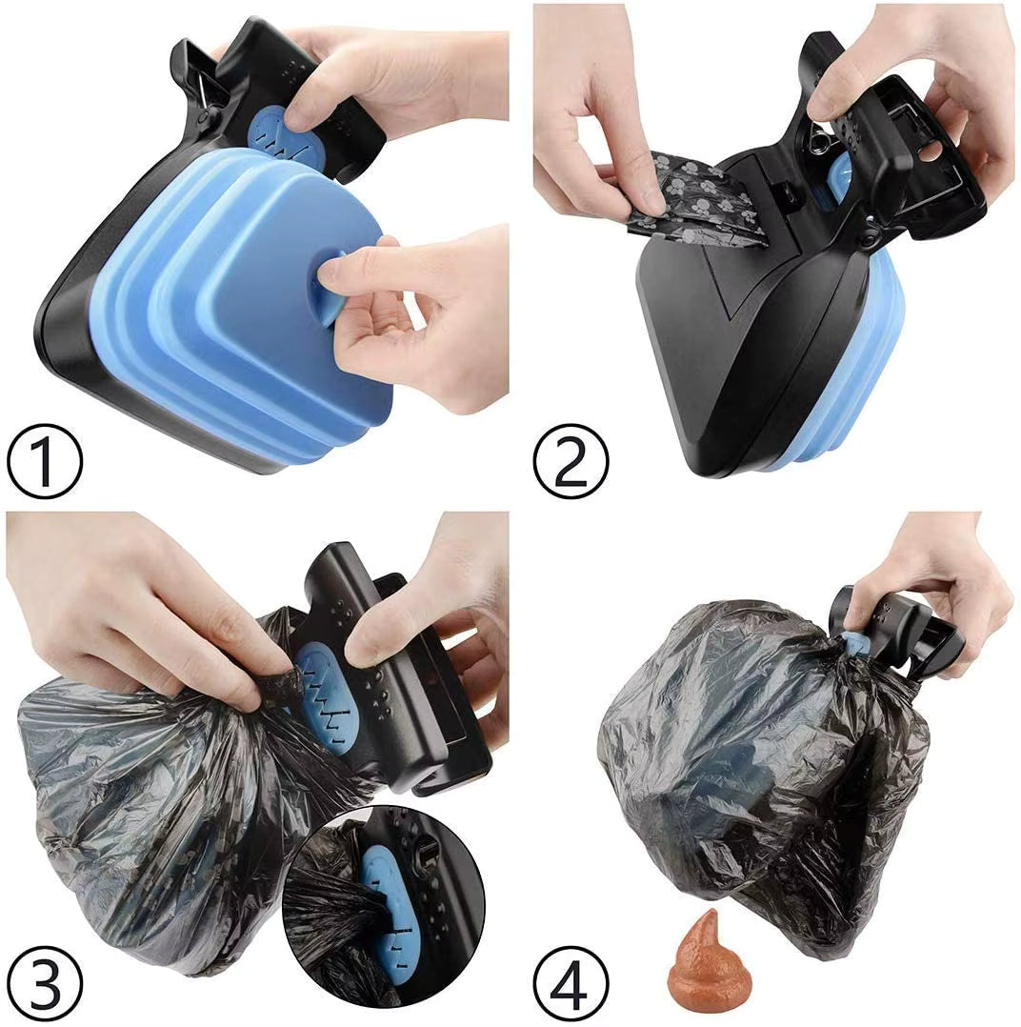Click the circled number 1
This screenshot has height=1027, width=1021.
point(45,463)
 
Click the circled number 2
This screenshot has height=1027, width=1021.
point(571,463)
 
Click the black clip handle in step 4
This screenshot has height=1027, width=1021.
point(905,634)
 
